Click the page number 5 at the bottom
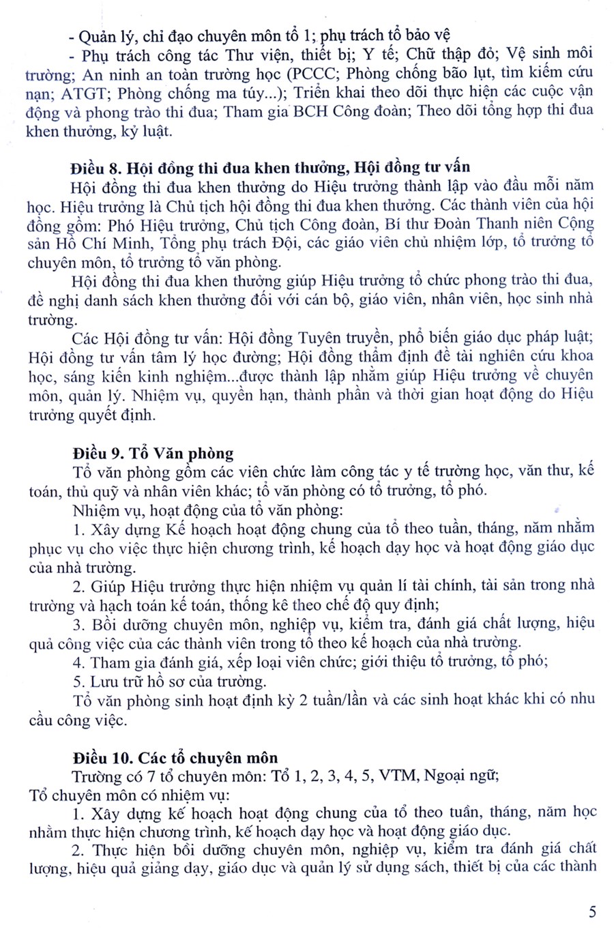[592, 911]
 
